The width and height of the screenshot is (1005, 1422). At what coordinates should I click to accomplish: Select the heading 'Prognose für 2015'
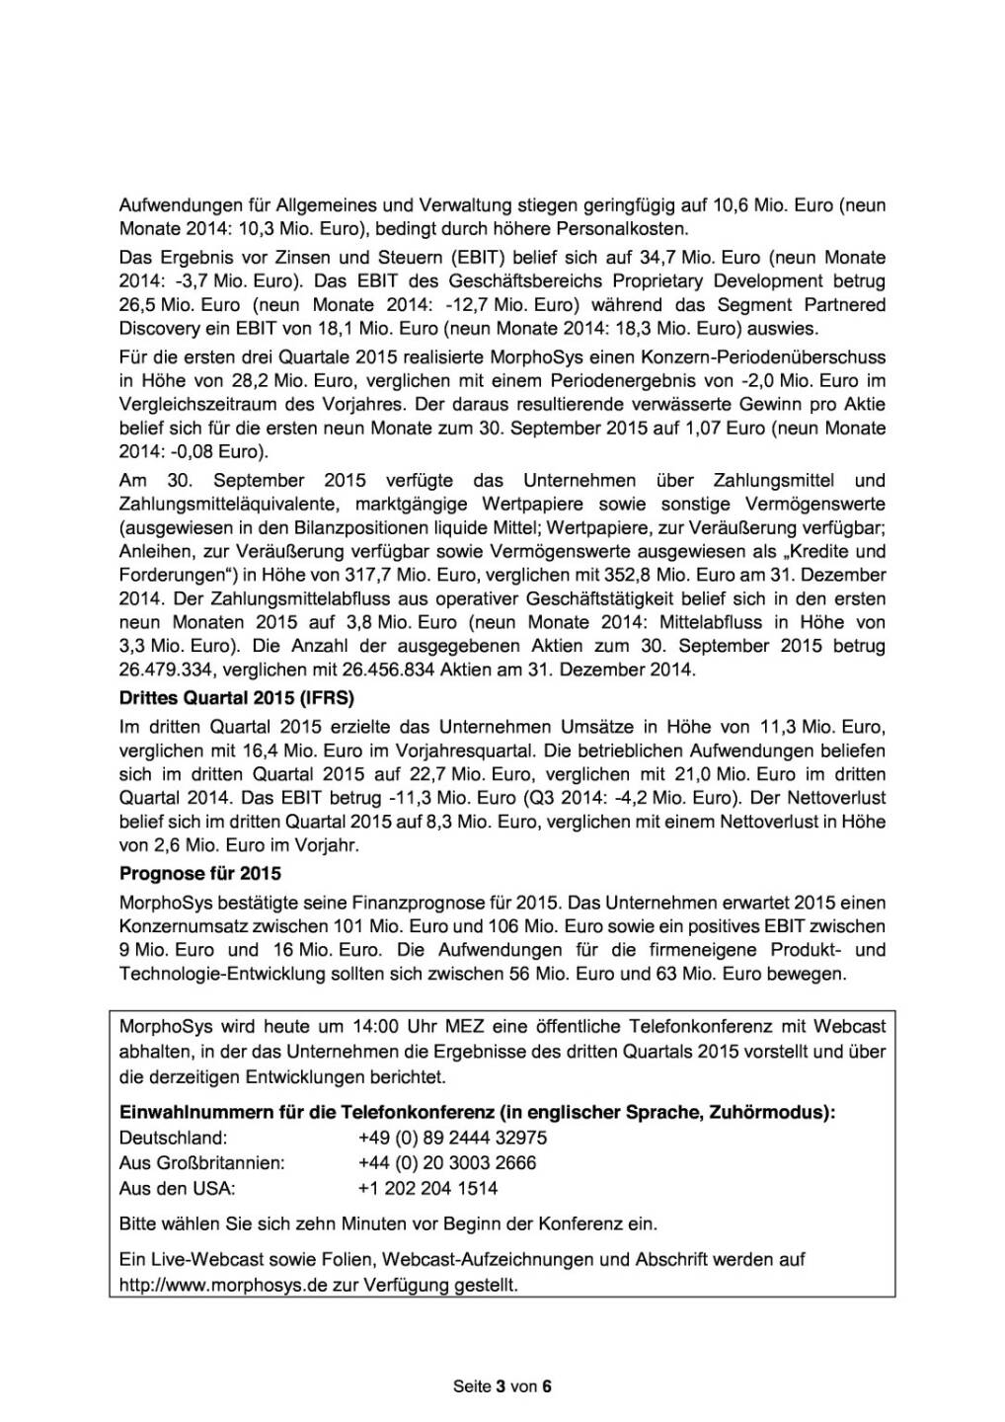click(199, 874)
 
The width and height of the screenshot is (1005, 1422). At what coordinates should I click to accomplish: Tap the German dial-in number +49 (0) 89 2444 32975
click(452, 1138)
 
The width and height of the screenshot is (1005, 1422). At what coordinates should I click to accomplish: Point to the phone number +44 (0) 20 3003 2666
click(447, 1163)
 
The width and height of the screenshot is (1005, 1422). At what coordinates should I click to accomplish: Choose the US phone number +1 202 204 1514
click(427, 1189)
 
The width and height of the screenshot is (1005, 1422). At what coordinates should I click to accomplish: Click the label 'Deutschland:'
click(173, 1138)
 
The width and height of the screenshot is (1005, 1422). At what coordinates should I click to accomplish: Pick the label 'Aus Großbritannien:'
click(201, 1163)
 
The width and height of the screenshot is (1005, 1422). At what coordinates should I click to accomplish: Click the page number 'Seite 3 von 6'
click(502, 1386)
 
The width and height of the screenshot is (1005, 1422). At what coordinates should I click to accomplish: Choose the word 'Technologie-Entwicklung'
click(212, 975)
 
